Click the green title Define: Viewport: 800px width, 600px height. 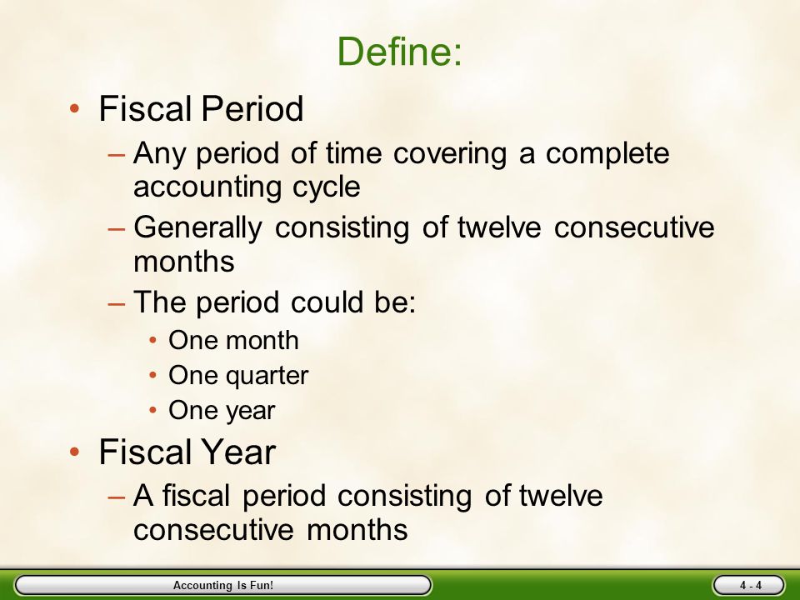tap(399, 51)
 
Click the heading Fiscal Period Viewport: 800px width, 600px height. tap(201, 108)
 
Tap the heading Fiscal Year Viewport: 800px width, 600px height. tap(187, 452)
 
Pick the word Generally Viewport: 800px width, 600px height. tap(197, 228)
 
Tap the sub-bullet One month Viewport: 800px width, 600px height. tap(233, 340)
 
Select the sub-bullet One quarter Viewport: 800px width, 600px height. tap(239, 376)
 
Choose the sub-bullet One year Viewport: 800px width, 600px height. tap(222, 411)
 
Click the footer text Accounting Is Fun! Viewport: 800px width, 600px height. tap(223, 585)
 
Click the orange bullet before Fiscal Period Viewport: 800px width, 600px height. tap(74, 108)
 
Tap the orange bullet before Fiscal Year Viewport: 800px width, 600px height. tap(74, 452)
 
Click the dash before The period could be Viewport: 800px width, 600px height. tap(117, 303)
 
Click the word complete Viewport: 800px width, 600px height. tap(607, 154)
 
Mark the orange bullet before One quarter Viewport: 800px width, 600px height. tap(153, 376)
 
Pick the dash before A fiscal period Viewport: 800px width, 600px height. tap(117, 497)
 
